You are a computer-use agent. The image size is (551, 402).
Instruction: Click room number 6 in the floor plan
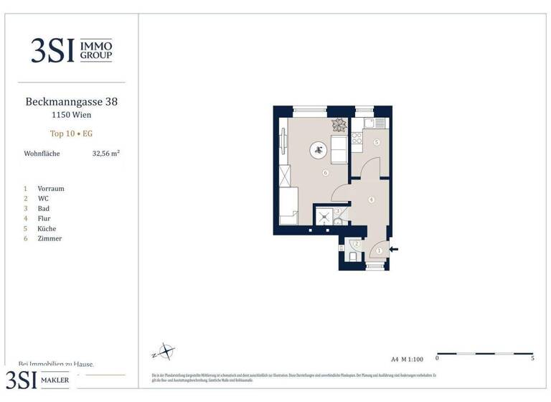click(x=325, y=173)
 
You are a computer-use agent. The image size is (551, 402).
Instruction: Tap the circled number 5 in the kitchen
click(x=376, y=143)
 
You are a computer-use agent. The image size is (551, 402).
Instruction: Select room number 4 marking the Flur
click(x=370, y=200)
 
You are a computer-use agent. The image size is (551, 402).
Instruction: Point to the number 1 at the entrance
click(x=379, y=251)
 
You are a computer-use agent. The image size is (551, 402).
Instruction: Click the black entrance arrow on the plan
click(x=394, y=250)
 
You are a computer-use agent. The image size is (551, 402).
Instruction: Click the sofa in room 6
click(x=339, y=150)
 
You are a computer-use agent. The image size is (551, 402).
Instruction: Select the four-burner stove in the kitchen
click(x=357, y=137)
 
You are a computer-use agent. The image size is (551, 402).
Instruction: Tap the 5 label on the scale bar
click(x=532, y=357)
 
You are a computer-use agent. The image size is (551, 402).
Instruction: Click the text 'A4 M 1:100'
click(x=407, y=357)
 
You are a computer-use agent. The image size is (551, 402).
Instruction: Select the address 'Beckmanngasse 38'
click(x=71, y=102)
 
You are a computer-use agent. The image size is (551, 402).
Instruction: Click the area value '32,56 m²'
click(x=106, y=154)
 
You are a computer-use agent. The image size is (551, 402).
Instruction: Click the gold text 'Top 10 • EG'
click(x=71, y=134)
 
